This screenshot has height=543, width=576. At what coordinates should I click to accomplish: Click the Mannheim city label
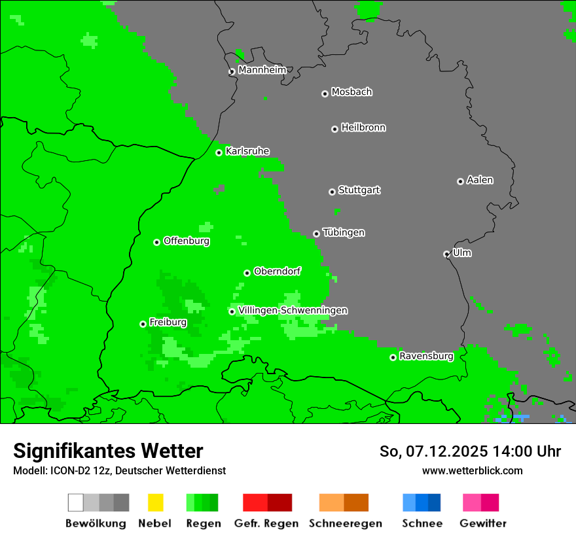tap(262, 70)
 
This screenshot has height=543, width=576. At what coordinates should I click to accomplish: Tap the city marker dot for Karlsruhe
tap(219, 152)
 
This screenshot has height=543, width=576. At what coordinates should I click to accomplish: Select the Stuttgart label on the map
tap(359, 190)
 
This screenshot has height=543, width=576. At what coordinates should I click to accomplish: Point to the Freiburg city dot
tap(143, 324)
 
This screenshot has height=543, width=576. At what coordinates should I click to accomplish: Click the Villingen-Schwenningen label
tap(293, 310)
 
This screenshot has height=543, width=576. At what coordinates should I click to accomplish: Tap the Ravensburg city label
tap(426, 356)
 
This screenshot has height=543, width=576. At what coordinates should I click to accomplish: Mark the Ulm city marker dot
tap(446, 254)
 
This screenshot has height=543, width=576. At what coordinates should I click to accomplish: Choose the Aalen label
tap(480, 180)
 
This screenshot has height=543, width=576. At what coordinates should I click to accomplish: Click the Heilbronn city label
tap(363, 128)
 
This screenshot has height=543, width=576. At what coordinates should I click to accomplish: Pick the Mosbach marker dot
tap(325, 94)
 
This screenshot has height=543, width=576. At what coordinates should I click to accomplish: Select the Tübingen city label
tap(344, 232)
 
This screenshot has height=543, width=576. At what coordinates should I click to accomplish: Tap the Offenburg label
tap(187, 241)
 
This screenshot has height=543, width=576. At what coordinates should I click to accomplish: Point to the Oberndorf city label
tap(278, 271)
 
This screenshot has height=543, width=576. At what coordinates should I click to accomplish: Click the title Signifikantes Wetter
tap(108, 451)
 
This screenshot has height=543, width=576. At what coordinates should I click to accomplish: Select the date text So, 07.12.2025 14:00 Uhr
tap(470, 451)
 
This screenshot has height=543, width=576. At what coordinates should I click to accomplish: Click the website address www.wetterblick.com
tap(472, 470)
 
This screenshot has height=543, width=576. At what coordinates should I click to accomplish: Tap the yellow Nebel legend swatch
tap(155, 502)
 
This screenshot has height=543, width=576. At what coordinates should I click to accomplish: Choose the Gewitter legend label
tap(483, 523)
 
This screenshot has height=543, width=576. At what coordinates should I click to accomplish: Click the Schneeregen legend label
tap(345, 523)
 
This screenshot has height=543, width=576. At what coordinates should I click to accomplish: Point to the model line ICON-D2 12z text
tap(119, 470)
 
